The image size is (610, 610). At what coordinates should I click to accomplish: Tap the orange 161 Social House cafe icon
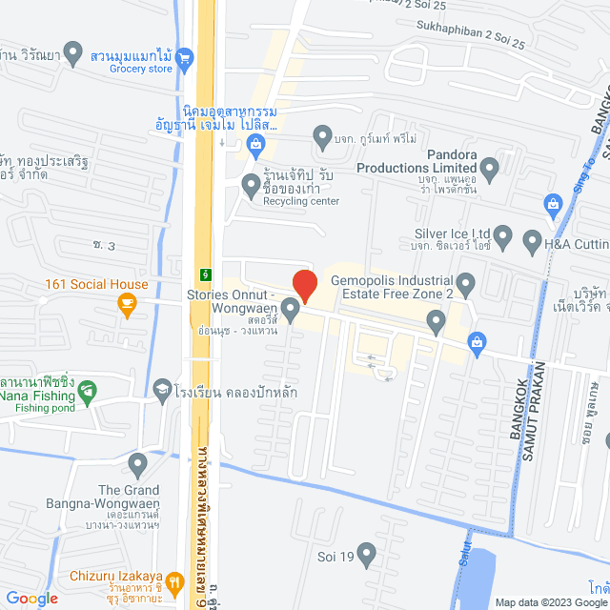[125, 305]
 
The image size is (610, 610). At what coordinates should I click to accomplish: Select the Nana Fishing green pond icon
[87, 390]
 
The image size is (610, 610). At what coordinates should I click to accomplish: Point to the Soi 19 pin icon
[367, 553]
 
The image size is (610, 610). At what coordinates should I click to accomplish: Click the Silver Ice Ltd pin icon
[504, 234]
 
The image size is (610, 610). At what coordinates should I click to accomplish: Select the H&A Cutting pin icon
[532, 242]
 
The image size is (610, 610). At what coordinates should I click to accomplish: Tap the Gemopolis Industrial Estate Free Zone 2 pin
[466, 282]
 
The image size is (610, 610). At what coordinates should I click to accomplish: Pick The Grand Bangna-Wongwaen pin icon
[138, 466]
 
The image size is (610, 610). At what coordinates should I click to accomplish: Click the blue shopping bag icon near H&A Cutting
[552, 202]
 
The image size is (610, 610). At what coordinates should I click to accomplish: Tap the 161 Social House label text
[96, 284]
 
